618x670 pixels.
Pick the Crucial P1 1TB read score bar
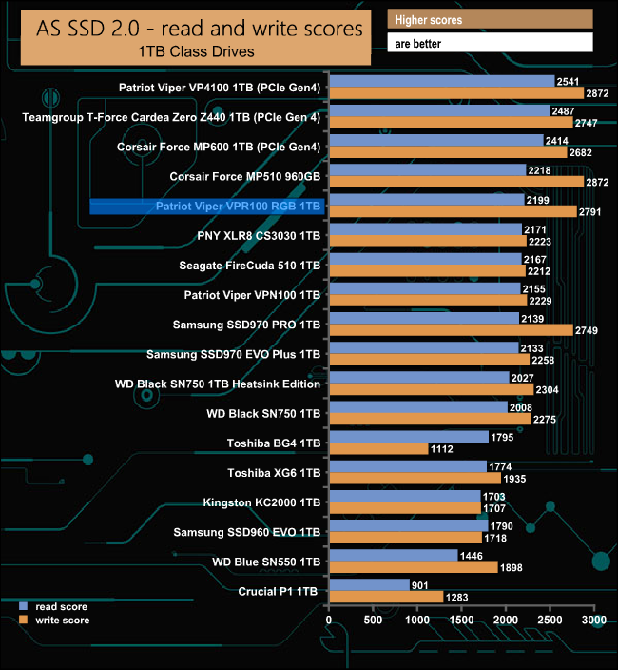[369, 585]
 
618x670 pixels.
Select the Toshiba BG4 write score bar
[378, 448]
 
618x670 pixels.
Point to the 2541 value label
[569, 81]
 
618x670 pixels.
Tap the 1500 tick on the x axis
[461, 620]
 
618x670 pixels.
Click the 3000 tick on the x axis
[593, 620]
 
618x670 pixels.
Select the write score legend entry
[58, 620]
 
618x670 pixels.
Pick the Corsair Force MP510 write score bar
[455, 182]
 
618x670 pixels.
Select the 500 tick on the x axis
[373, 620]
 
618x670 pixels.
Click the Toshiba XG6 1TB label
[275, 472]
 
